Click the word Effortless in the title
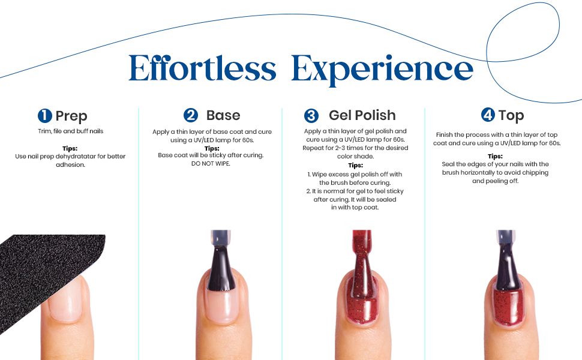(202, 68)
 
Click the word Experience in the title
(382, 70)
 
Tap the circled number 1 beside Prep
(45, 116)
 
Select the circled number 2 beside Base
(191, 115)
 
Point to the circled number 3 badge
(311, 116)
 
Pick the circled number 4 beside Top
(488, 115)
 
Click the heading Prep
(71, 116)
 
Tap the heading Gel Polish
(362, 115)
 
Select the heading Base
(223, 115)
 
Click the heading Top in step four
(511, 115)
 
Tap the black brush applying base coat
(221, 262)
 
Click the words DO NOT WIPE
(211, 163)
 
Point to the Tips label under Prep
(70, 148)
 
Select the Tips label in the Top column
(495, 156)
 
